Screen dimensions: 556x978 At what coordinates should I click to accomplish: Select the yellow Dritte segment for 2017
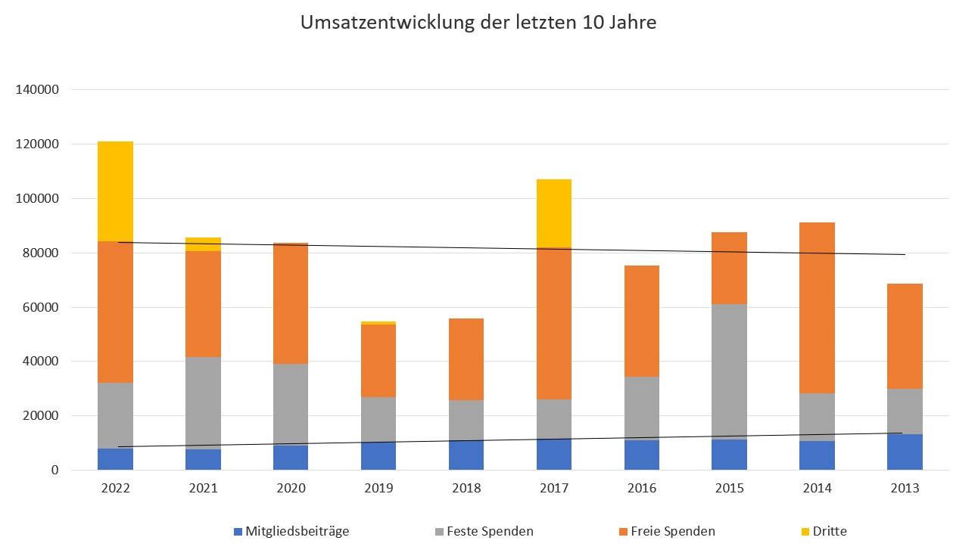[553, 213]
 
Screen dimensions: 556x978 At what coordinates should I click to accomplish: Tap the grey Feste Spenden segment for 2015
[729, 371]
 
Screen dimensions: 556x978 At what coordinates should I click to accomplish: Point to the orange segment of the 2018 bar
[466, 359]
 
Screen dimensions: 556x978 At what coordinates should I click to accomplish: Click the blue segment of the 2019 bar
[378, 457]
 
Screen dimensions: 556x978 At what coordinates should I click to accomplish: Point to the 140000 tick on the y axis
[38, 90]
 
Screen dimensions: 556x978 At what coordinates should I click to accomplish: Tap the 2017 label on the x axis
[553, 489]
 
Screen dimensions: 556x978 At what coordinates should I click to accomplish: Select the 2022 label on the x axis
[115, 489]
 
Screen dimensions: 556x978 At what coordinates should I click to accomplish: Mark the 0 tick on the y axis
[55, 471]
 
